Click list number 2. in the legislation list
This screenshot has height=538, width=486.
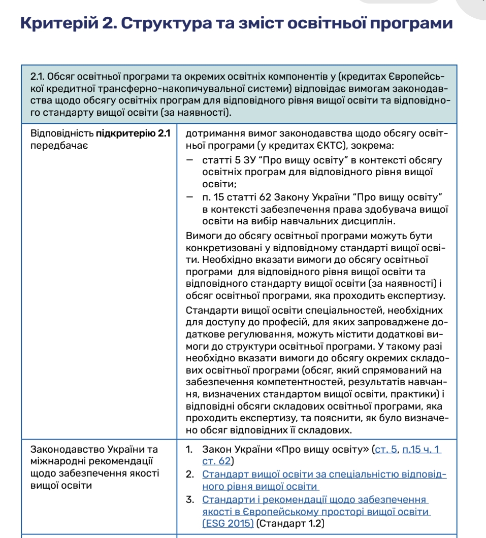click(x=190, y=475)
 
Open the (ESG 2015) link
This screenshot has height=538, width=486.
click(x=228, y=523)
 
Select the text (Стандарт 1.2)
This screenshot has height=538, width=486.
click(x=290, y=523)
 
